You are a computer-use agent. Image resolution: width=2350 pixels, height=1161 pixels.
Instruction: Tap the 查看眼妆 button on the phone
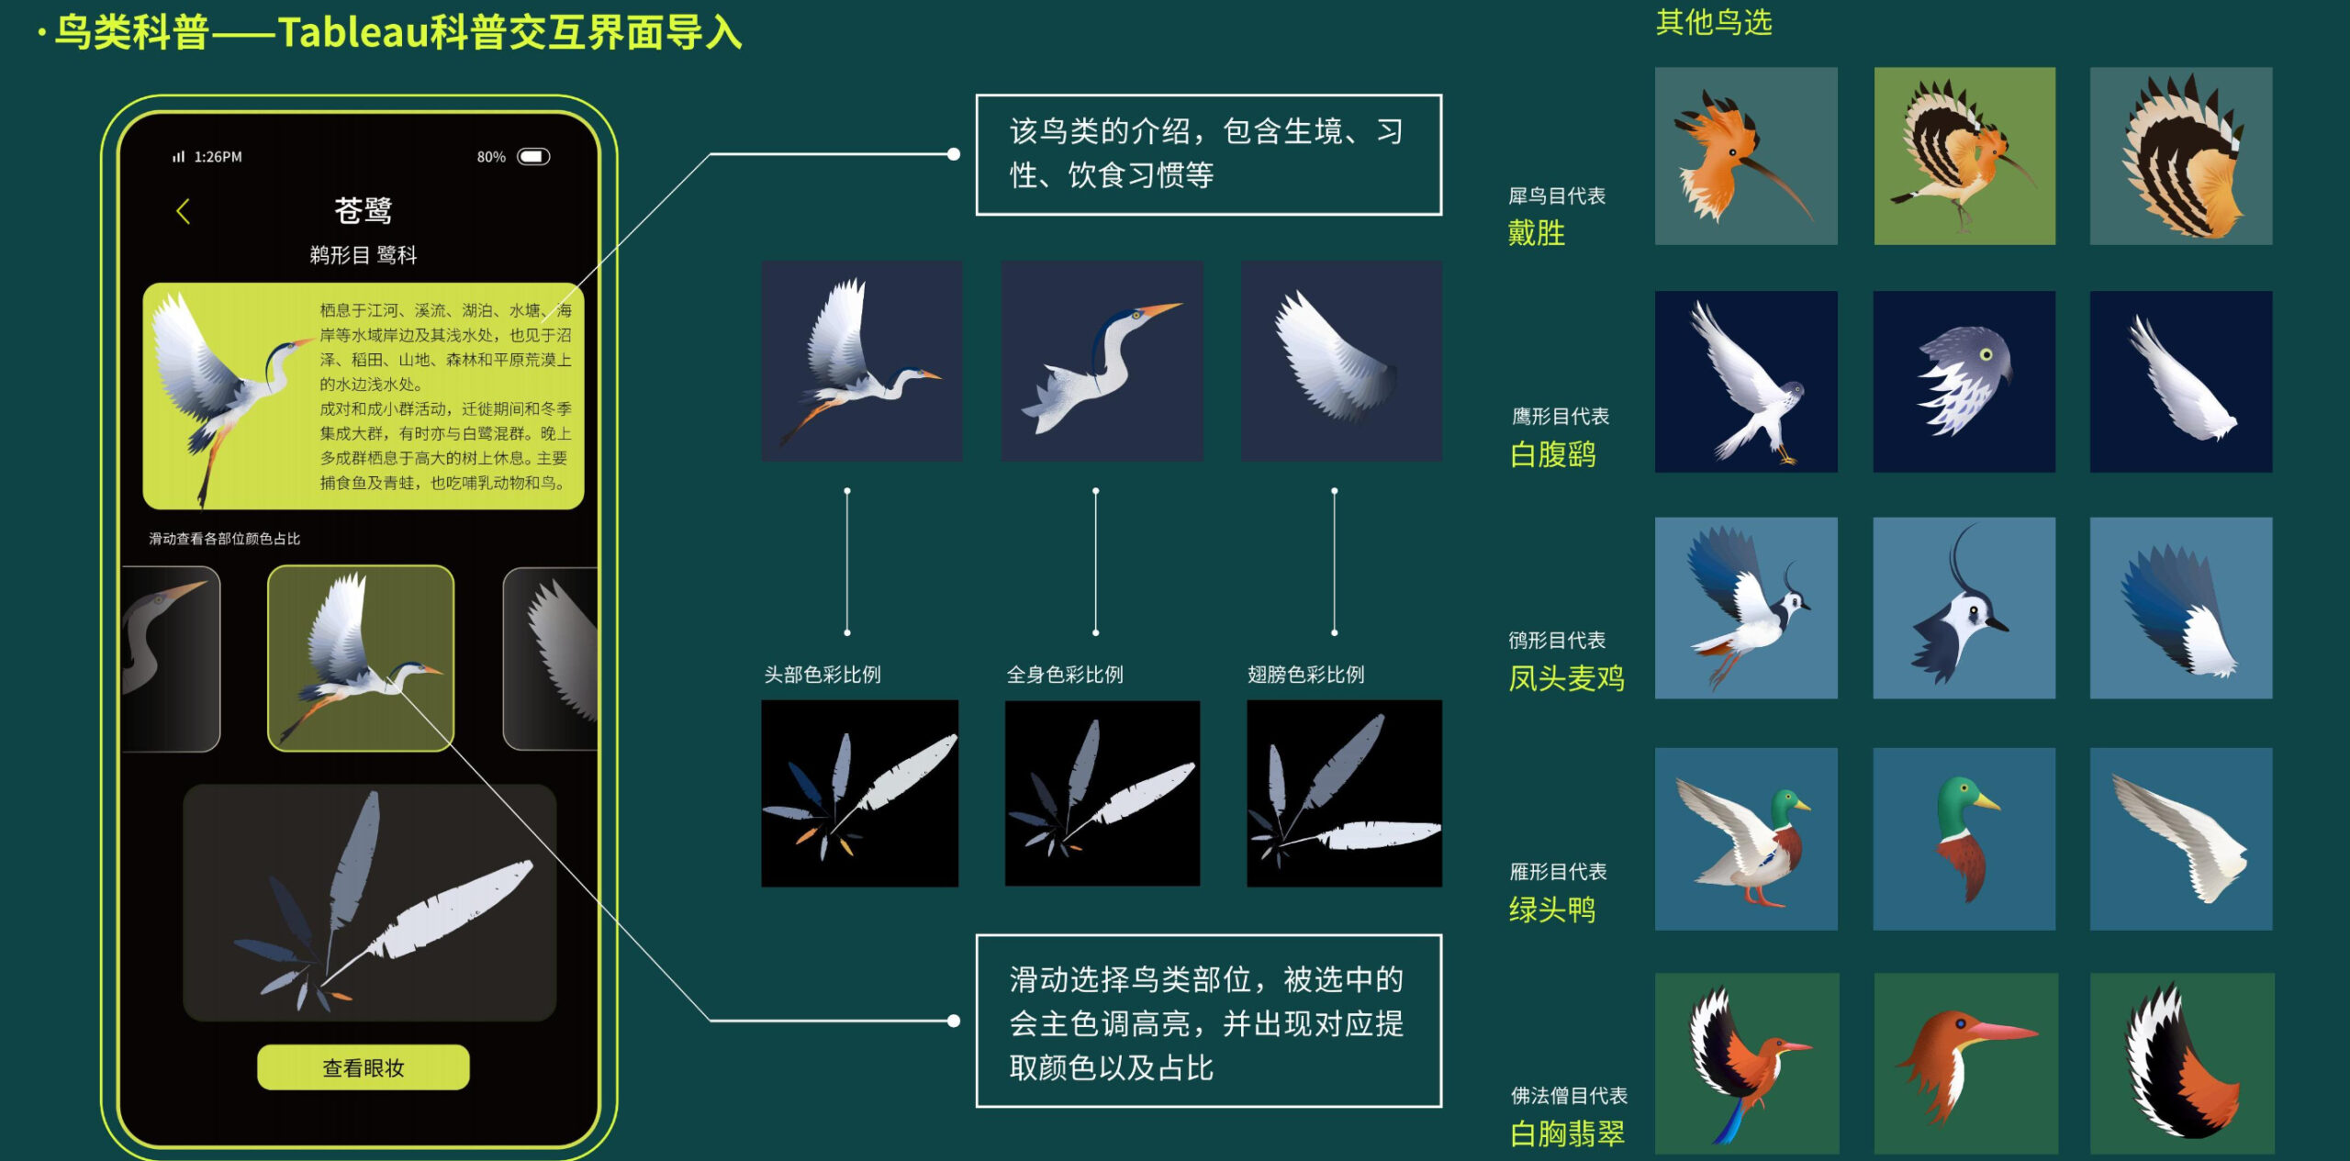pyautogui.click(x=363, y=1067)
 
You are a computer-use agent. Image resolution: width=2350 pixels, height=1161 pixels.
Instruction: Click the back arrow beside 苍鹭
pyautogui.click(x=183, y=212)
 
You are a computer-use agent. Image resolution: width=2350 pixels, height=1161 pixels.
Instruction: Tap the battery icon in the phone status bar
pyautogui.click(x=533, y=157)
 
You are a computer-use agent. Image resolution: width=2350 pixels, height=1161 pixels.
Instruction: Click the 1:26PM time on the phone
pyautogui.click(x=218, y=157)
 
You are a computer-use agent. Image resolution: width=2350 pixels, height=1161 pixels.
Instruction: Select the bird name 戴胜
pyautogui.click(x=1536, y=233)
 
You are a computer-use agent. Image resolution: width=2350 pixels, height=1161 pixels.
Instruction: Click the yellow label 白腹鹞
pyautogui.click(x=1552, y=454)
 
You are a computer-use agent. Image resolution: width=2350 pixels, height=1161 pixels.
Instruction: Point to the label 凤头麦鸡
pyautogui.click(x=1566, y=678)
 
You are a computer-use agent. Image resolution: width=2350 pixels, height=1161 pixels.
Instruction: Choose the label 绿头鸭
pyautogui.click(x=1551, y=910)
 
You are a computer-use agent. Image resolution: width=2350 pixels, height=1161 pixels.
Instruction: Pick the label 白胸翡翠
pyautogui.click(x=1567, y=1133)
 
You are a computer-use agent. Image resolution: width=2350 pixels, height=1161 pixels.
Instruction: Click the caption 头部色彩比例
pyautogui.click(x=822, y=675)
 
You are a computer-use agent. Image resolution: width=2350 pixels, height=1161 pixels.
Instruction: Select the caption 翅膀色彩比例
pyautogui.click(x=1305, y=675)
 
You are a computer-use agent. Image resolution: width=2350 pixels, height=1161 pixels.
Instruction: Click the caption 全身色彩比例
pyautogui.click(x=1065, y=675)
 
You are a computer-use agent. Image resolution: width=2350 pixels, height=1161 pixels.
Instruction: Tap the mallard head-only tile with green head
pyautogui.click(x=1964, y=839)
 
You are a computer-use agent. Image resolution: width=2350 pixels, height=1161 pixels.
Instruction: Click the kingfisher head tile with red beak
pyautogui.click(x=1965, y=1063)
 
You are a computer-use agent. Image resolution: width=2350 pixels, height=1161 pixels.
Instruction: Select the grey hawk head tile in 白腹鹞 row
pyautogui.click(x=1964, y=382)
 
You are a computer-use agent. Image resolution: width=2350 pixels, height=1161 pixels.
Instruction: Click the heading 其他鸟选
pyautogui.click(x=1714, y=22)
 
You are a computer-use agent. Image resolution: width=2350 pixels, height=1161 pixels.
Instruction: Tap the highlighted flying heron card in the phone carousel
pyautogui.click(x=361, y=658)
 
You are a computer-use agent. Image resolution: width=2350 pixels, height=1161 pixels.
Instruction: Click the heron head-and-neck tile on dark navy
pyautogui.click(x=1102, y=361)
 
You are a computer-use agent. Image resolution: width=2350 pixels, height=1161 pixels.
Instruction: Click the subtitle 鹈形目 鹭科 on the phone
pyautogui.click(x=364, y=255)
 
